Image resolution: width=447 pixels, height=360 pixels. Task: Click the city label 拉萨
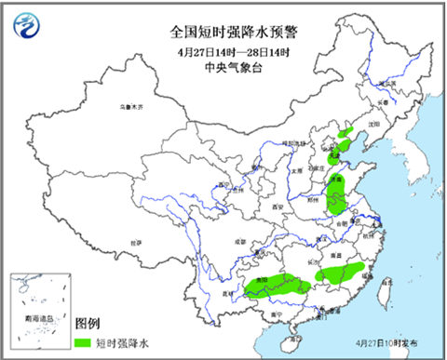click(139, 243)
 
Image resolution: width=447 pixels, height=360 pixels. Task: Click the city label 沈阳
click(374, 122)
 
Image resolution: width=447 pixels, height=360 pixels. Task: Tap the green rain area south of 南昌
click(340, 272)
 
